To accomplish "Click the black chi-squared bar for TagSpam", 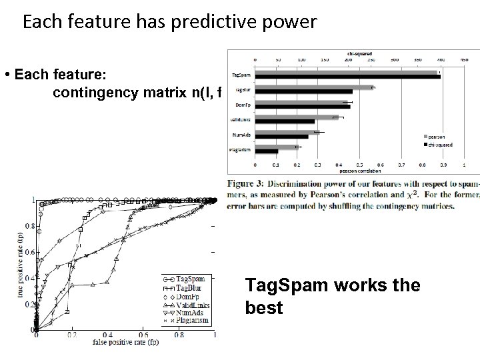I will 347,77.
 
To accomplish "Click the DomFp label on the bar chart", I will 243,104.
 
